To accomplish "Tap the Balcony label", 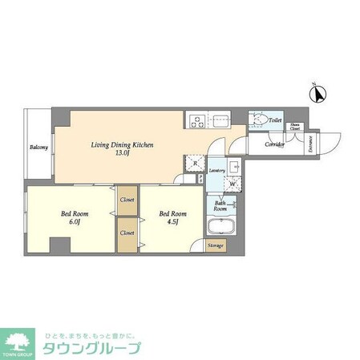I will click(38, 148).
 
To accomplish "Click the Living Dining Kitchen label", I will click(121, 144).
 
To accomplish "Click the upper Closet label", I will click(127, 199).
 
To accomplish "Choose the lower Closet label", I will click(127, 233).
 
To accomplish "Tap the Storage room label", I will click(216, 245).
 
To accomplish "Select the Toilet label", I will click(275, 119).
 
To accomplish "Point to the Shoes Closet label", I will click(296, 126).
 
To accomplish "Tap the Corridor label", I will click(275, 146).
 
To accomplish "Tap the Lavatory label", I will click(216, 172).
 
